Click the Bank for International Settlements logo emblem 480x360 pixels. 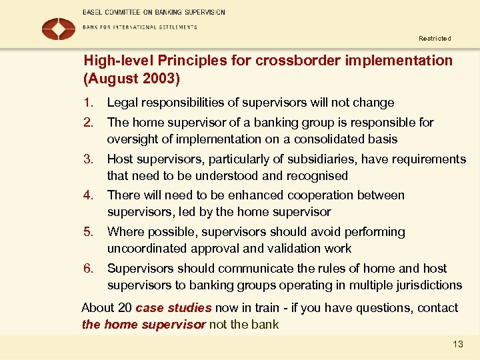pyautogui.click(x=59, y=29)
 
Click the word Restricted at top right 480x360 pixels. pyautogui.click(x=435, y=39)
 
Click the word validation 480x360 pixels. pyautogui.click(x=286, y=249)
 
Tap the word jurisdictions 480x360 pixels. pyautogui.click(x=427, y=285)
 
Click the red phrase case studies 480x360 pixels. pyautogui.click(x=173, y=308)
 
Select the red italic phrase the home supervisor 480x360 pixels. pyautogui.click(x=143, y=325)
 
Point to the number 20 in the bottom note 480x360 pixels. pyautogui.click(x=125, y=308)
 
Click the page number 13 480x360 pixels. pyautogui.click(x=457, y=344)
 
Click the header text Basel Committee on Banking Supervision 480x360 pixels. pyautogui.click(x=154, y=12)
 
